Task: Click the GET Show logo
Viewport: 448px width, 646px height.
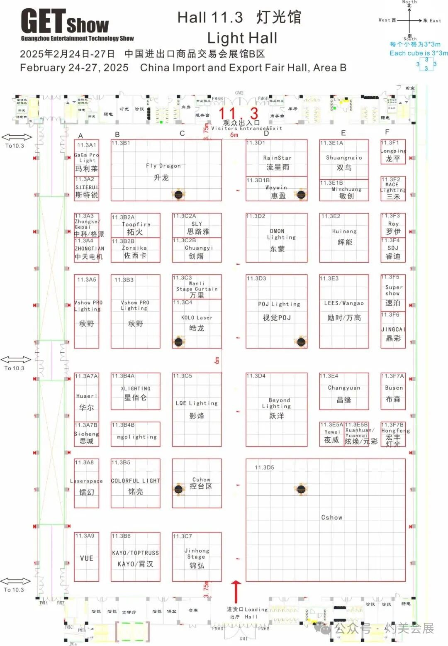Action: tap(65, 24)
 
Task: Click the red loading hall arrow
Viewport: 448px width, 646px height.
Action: tap(236, 591)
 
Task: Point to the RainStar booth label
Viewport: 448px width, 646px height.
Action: tap(277, 158)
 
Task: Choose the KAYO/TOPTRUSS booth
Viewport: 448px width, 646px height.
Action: tap(135, 557)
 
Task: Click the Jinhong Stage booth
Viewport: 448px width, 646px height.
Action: tap(197, 557)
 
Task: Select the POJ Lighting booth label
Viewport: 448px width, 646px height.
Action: tap(279, 304)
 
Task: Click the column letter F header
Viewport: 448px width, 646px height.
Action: tap(387, 132)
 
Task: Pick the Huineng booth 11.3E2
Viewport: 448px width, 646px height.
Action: tap(344, 237)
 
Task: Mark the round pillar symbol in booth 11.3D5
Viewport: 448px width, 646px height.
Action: tap(301, 489)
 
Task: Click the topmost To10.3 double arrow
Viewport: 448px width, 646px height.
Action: tap(17, 137)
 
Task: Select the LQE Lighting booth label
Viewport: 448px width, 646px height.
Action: tap(197, 403)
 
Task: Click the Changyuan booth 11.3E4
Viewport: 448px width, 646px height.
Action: tap(344, 392)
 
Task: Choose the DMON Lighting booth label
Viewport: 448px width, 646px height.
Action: tap(277, 234)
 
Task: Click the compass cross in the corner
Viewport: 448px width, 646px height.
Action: tap(409, 20)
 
